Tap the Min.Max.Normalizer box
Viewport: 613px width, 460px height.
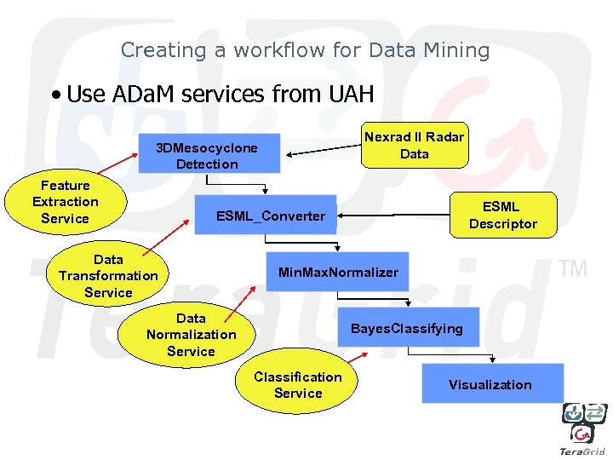[337, 273]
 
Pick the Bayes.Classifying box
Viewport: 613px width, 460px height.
[408, 328]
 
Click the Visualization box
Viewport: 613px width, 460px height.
[491, 384]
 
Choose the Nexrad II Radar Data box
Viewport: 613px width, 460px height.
[415, 145]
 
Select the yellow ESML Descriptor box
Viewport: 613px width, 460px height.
[503, 215]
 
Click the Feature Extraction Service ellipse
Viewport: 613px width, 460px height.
[66, 202]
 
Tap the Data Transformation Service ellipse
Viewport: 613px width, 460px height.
[108, 276]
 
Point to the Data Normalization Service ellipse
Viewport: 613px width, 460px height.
[191, 335]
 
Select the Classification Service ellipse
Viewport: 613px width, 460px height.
[298, 385]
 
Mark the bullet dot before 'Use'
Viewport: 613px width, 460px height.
[54, 95]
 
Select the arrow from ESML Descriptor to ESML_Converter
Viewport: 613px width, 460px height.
[393, 216]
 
